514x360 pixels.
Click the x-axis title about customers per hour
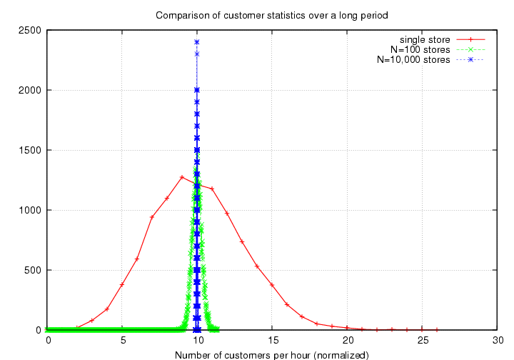point(271,353)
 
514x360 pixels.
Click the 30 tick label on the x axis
point(497,340)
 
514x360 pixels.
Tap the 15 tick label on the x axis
point(272,340)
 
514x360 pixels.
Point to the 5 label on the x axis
point(122,340)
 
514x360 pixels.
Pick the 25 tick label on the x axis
point(422,340)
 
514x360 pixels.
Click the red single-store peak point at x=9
point(182,177)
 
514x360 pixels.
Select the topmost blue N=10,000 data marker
point(196,42)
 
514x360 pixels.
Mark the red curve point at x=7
point(152,216)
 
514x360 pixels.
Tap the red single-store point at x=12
point(227,214)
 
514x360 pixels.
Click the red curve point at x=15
point(272,285)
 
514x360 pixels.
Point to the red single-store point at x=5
point(122,284)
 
